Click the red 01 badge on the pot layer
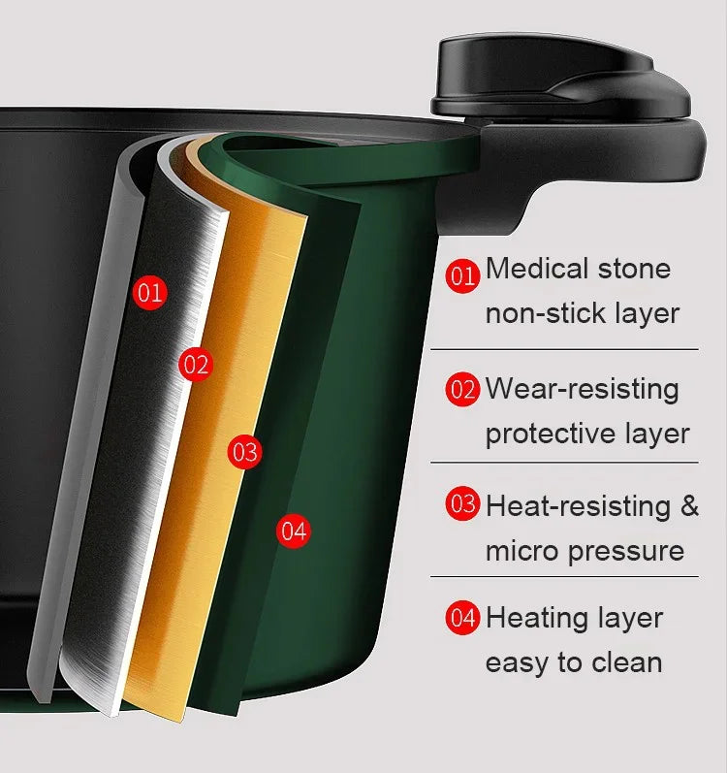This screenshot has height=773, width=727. [149, 292]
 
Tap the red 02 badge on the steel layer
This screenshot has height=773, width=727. [195, 365]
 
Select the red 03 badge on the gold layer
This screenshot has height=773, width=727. [245, 452]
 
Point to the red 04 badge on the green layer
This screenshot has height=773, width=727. [293, 531]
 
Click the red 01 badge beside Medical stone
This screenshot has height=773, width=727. [463, 275]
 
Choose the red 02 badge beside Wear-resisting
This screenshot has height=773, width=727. [463, 390]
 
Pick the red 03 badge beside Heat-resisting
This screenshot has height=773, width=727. [463, 504]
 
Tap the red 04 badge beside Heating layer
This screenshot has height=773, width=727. [463, 618]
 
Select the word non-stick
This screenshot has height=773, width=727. [546, 313]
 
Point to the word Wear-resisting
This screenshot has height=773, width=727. [582, 388]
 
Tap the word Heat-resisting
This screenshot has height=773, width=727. [577, 505]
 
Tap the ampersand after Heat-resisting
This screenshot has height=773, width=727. [688, 505]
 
